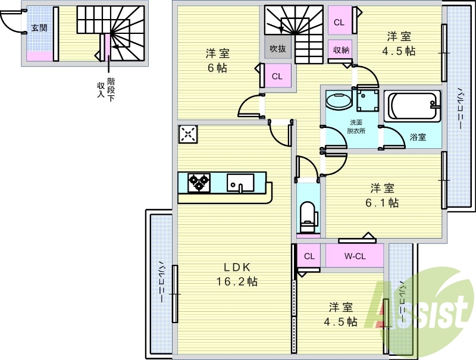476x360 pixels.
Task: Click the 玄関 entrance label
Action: (39, 28)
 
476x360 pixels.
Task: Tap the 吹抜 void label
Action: (278, 48)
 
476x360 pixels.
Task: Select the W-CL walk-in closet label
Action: (355, 256)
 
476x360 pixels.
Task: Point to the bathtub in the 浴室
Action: (412, 107)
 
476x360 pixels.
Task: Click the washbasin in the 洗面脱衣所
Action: (338, 101)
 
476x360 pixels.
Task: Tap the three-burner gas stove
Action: (199, 183)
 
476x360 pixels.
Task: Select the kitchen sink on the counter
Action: (240, 183)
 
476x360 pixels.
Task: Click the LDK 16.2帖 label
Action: (237, 274)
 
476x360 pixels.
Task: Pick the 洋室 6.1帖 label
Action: (382, 195)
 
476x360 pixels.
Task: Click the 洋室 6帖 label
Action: (218, 61)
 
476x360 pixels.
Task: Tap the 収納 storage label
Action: (341, 50)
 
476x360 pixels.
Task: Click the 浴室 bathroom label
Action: (418, 137)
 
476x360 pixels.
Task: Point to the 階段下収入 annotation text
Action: (106, 89)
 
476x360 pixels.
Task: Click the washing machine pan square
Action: (367, 101)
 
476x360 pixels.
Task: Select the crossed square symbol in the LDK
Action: (188, 134)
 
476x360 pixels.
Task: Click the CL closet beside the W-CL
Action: (309, 256)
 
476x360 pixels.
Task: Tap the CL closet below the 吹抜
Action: (277, 76)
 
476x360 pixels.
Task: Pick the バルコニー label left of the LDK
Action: (162, 281)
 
